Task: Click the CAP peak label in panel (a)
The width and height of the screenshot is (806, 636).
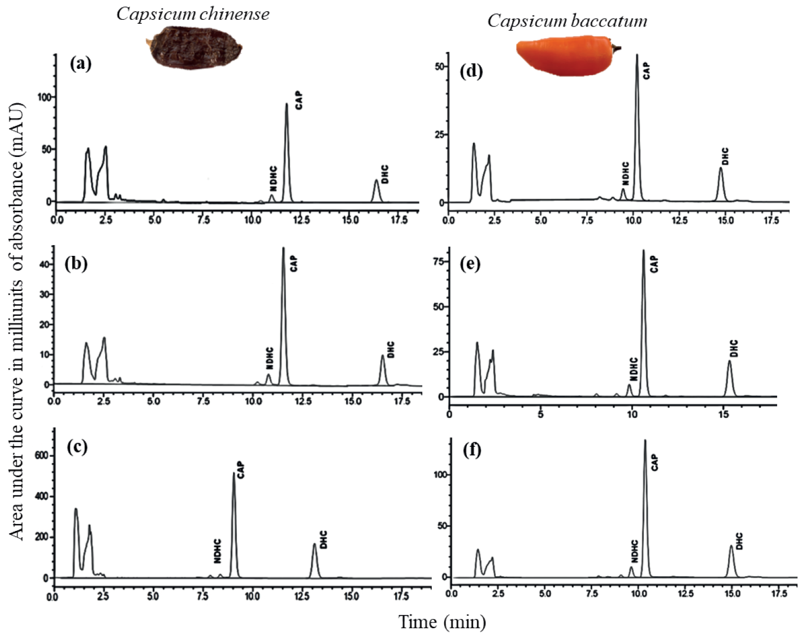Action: click(298, 100)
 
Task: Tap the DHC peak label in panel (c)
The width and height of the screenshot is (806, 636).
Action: click(323, 539)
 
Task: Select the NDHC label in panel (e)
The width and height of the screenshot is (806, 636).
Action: click(634, 368)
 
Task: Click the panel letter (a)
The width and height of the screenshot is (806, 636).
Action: click(80, 63)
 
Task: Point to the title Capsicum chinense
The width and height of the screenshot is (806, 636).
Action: click(193, 14)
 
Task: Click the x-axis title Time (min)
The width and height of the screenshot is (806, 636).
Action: click(442, 622)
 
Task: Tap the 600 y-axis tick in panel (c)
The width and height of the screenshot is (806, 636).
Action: click(41, 456)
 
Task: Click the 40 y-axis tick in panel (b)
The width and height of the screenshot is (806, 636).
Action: click(42, 264)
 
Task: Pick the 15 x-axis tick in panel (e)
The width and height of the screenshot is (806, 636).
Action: click(723, 414)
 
